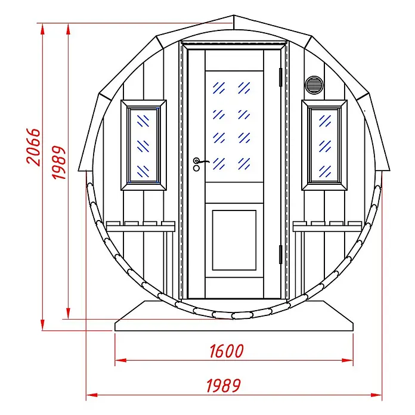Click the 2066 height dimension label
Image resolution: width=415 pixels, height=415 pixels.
click(33, 147)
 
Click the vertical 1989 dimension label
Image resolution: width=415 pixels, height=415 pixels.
click(58, 163)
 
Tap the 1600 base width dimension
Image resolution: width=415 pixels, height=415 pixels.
click(227, 351)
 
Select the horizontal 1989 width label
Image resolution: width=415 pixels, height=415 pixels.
click(224, 385)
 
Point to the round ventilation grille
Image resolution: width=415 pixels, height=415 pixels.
click(314, 85)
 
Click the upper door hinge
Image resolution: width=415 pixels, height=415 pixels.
click(281, 78)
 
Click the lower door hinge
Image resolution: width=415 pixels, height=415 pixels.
click(281, 255)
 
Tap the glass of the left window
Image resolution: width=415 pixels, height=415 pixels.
click(143, 145)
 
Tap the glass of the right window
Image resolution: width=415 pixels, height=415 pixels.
click(324, 145)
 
